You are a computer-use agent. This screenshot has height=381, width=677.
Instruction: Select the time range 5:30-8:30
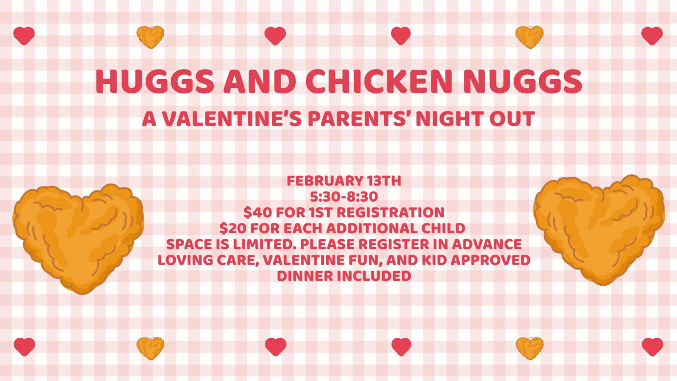click(344, 197)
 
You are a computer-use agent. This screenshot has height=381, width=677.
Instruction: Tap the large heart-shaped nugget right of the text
click(599, 229)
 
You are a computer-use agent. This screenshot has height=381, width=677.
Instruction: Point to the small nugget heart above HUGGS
click(150, 36)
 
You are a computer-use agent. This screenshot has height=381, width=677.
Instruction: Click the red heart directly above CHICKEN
click(401, 35)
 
